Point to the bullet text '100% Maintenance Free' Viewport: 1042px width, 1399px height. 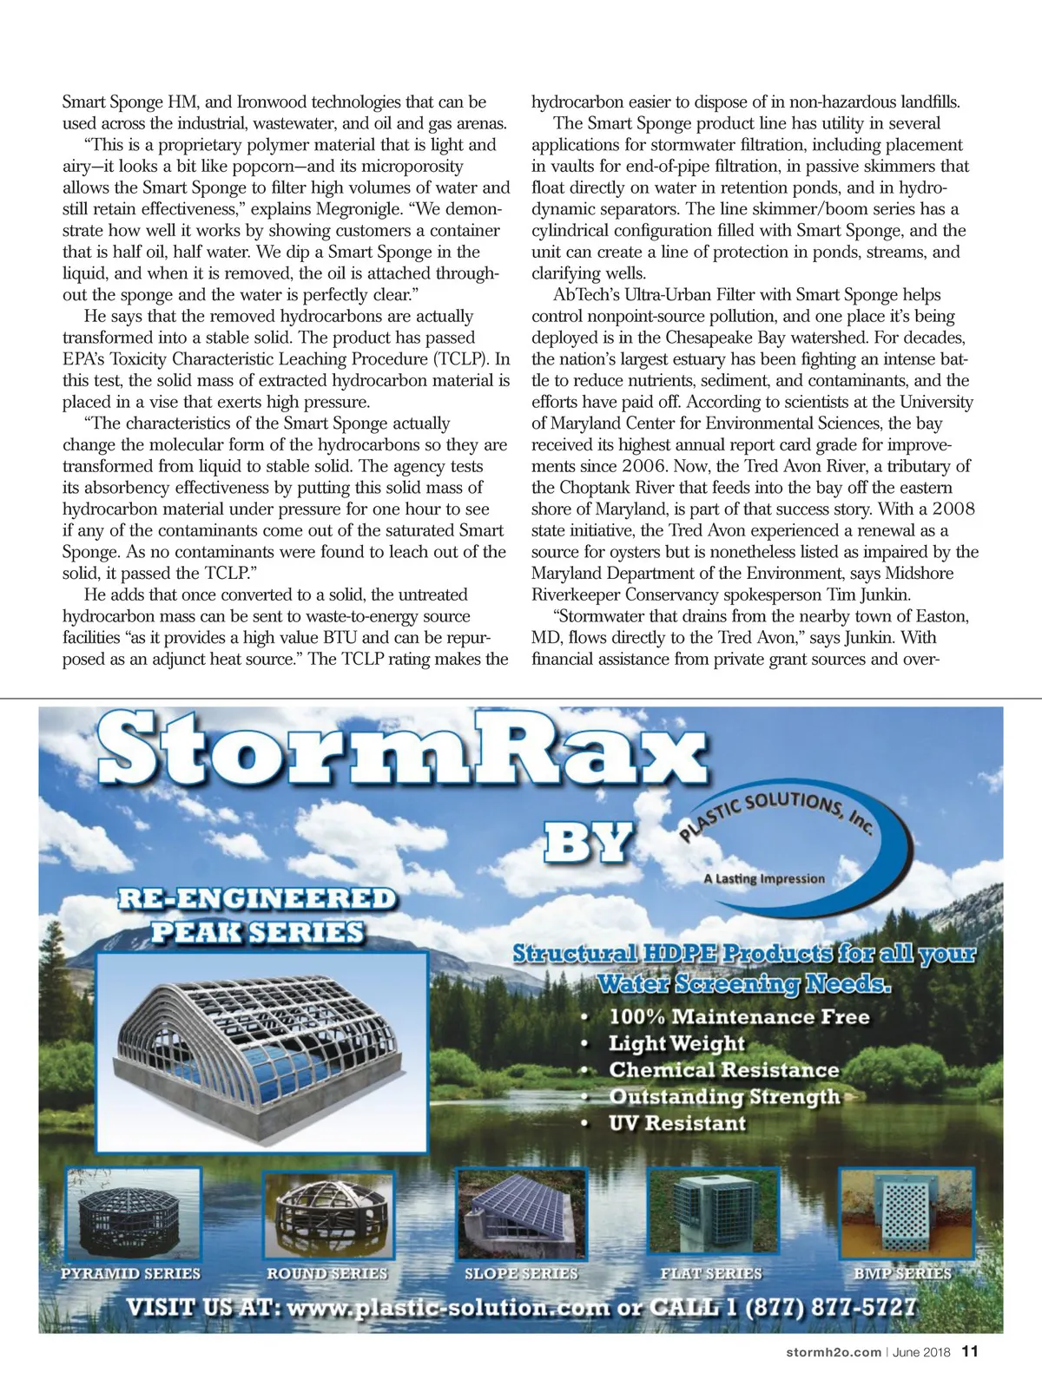pyautogui.click(x=738, y=1016)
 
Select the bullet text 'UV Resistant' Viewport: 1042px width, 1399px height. pyautogui.click(x=677, y=1123)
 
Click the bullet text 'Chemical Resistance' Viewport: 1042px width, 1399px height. pyautogui.click(x=723, y=1070)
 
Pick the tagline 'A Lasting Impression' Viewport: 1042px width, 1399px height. pyautogui.click(x=764, y=878)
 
